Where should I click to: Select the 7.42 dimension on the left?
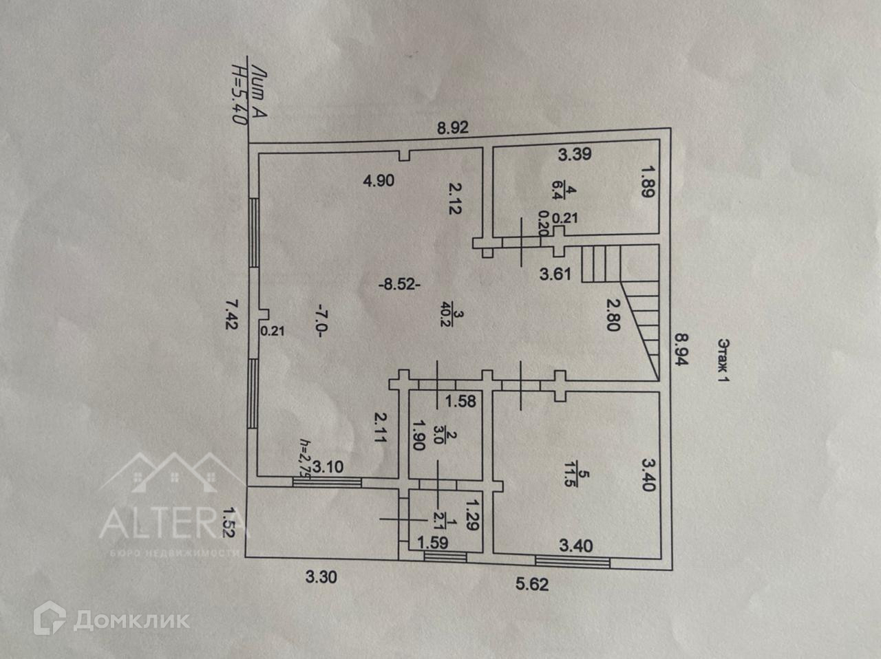point(232,314)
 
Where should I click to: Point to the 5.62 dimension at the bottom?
point(532,585)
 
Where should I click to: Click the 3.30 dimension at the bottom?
point(321,577)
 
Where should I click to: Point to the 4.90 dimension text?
point(379,182)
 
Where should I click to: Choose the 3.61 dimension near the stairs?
point(555,274)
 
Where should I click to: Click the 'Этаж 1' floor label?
point(723,360)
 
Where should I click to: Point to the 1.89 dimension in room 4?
point(646,180)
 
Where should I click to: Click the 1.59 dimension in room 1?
point(433,543)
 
